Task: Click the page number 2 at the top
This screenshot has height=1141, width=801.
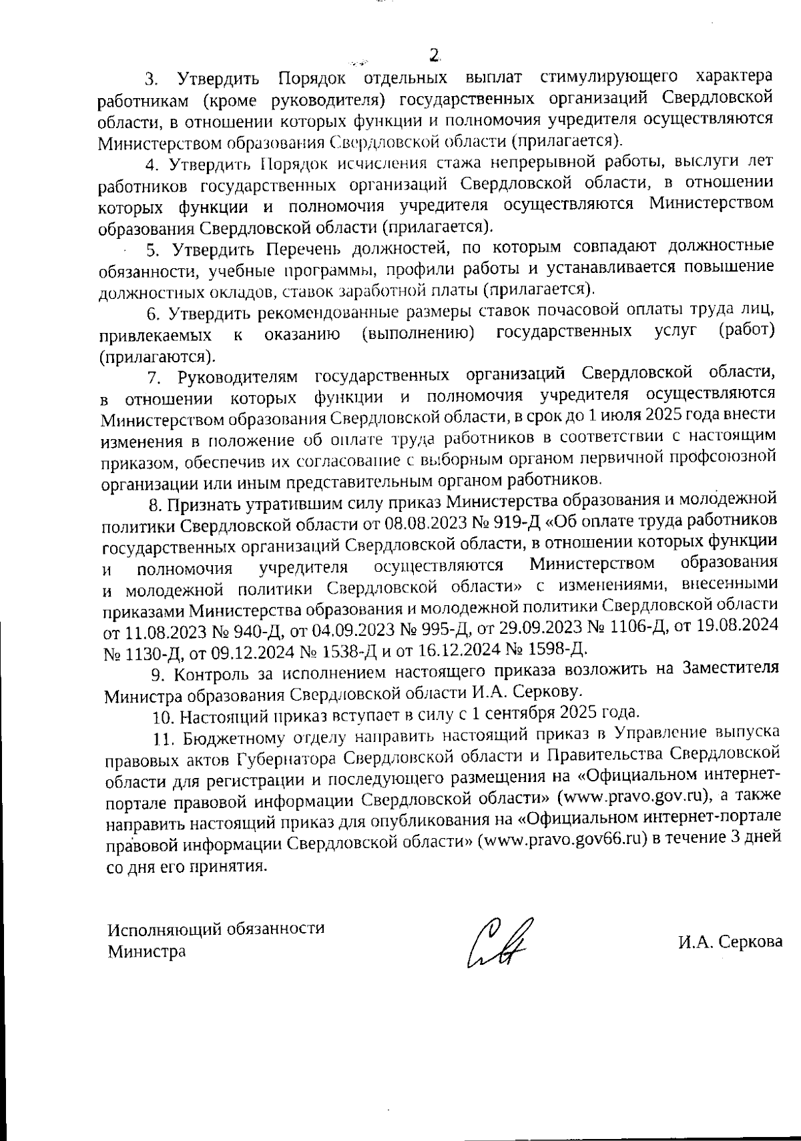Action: [435, 55]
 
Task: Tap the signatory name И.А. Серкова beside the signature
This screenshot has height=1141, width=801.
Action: [730, 943]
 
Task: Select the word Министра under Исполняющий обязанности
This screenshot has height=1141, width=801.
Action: [147, 951]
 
